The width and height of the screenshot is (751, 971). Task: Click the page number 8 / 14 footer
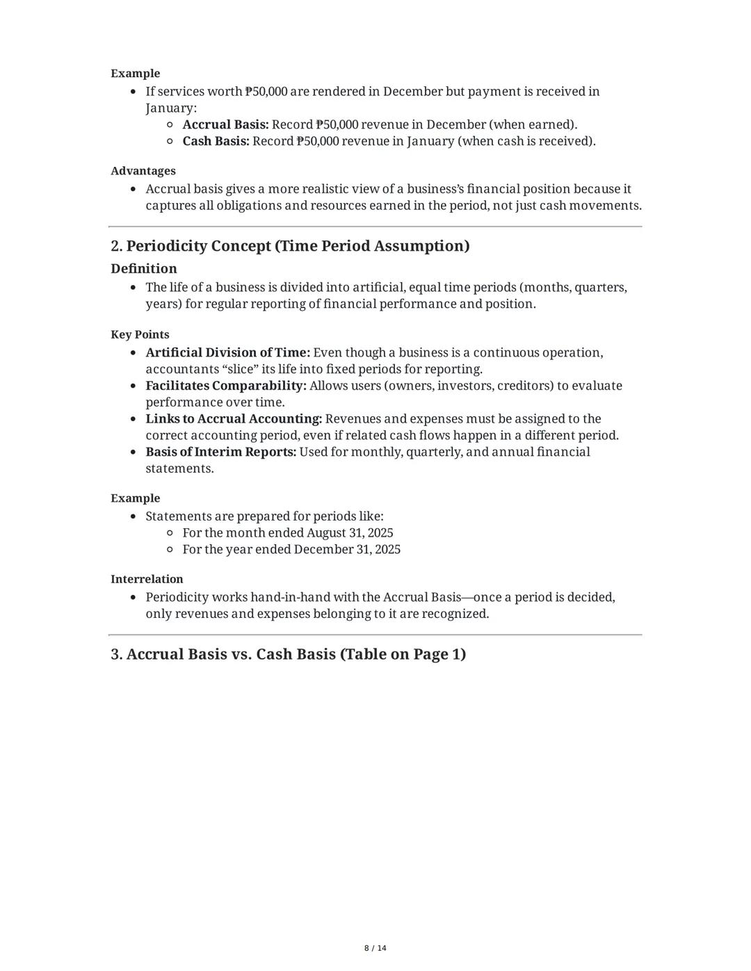[x=375, y=948]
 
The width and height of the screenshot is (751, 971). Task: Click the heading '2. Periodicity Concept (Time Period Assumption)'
[x=290, y=246]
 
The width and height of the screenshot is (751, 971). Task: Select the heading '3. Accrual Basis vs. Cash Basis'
[x=288, y=654]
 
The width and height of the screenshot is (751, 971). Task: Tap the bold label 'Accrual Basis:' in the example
[x=225, y=124]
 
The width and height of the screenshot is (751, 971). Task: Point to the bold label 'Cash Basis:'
[x=216, y=141]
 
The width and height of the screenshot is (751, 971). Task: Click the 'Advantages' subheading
[x=143, y=171]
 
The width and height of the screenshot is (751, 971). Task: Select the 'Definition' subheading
[x=144, y=268]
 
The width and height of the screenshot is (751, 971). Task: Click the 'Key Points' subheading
[x=140, y=334]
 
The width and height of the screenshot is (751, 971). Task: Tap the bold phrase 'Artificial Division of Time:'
[x=227, y=352]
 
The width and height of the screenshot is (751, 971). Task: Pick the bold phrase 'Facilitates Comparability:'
[x=226, y=386]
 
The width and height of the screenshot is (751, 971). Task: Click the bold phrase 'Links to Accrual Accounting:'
[x=234, y=419]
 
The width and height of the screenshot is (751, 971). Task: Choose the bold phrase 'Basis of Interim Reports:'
[x=220, y=452]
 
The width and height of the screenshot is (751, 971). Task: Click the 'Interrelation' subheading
[x=147, y=579]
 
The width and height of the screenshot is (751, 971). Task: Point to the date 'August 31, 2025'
[x=350, y=533]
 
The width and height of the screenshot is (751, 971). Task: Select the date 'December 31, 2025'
[x=347, y=550]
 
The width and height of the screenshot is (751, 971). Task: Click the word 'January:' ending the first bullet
[x=171, y=108]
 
